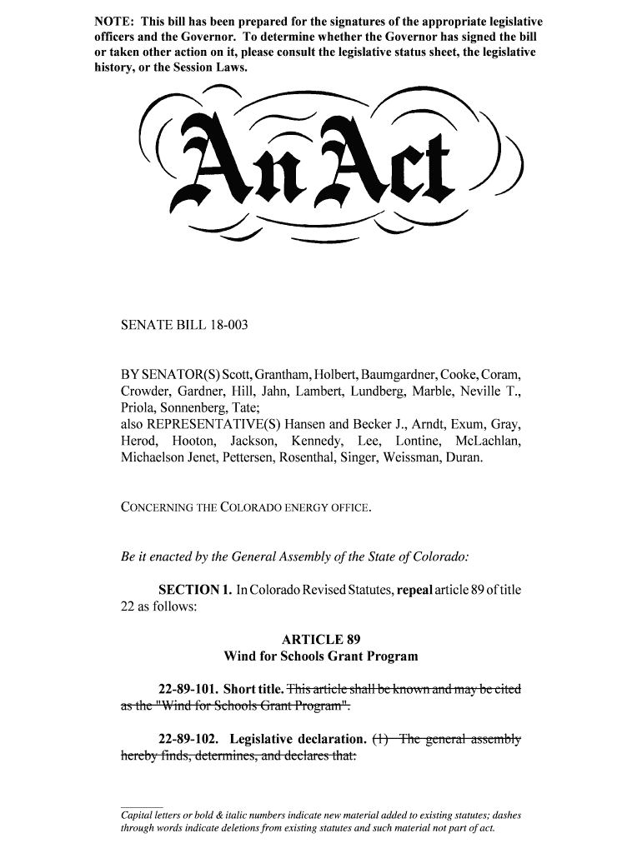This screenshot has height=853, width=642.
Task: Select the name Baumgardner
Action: (x=409, y=376)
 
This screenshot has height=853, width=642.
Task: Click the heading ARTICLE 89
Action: (x=321, y=640)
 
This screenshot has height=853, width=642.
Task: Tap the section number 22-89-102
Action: (x=191, y=739)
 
